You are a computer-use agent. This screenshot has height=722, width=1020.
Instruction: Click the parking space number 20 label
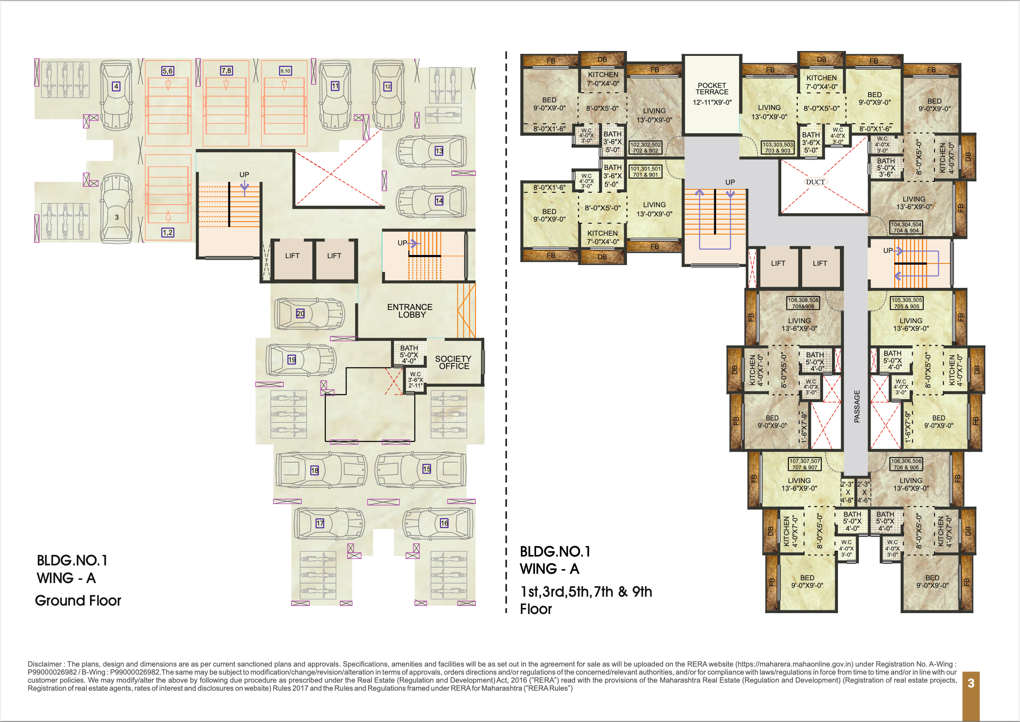pyautogui.click(x=300, y=314)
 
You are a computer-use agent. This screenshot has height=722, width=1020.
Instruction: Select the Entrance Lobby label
pyautogui.click(x=410, y=311)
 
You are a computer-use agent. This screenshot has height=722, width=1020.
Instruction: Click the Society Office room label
pyautogui.click(x=453, y=362)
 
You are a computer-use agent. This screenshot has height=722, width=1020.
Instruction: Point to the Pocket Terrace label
pyautogui.click(x=712, y=88)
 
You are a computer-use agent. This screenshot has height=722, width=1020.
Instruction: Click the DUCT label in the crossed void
pyautogui.click(x=815, y=182)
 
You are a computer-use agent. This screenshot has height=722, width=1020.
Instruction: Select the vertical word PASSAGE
pyautogui.click(x=857, y=406)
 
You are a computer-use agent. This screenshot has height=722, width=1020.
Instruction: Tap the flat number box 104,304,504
pyautogui.click(x=906, y=228)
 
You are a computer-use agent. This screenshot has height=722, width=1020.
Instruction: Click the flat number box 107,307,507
pyautogui.click(x=805, y=464)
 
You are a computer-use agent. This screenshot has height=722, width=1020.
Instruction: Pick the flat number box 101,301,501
pyautogui.click(x=645, y=171)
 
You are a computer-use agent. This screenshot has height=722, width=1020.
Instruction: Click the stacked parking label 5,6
pyautogui.click(x=168, y=71)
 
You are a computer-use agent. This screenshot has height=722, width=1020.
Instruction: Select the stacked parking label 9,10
pyautogui.click(x=285, y=71)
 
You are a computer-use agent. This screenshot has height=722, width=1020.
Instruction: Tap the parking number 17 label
pyautogui.click(x=320, y=523)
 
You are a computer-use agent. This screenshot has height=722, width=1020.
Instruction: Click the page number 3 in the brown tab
pyautogui.click(x=971, y=683)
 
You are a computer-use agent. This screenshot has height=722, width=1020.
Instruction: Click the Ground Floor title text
pyautogui.click(x=78, y=601)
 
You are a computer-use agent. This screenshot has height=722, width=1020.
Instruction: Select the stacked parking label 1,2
pyautogui.click(x=168, y=233)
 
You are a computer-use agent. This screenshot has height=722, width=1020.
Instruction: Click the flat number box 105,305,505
pyautogui.click(x=907, y=303)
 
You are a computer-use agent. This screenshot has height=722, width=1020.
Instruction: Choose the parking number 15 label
pyautogui.click(x=426, y=469)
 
